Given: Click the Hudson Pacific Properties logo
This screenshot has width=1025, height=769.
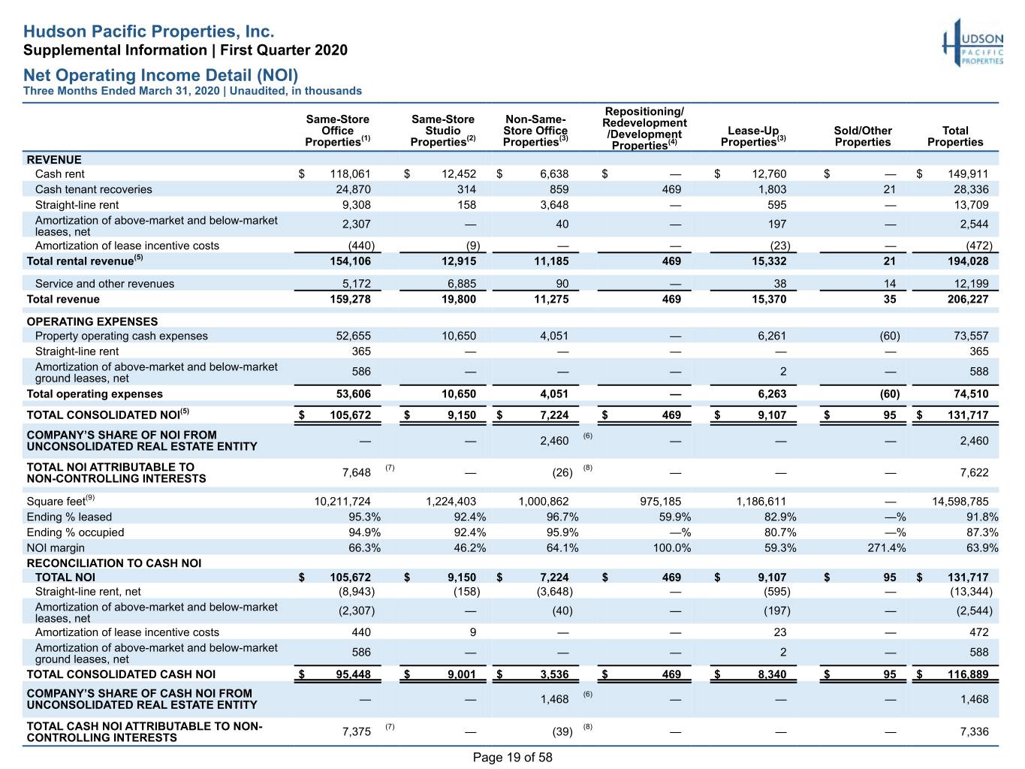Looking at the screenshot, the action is pos(972,43).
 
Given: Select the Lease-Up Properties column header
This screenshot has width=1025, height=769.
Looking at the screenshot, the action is pos(752,137).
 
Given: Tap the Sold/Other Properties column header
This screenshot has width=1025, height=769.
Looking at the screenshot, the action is pos(863,137).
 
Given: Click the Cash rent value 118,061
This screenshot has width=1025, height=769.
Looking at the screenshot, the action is pos(350,174).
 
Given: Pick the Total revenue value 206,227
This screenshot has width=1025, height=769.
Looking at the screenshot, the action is pos(968,300).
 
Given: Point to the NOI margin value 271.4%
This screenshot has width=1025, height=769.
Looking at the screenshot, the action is pos(886,547).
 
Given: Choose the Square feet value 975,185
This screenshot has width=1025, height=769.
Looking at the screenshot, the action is pos(660,502).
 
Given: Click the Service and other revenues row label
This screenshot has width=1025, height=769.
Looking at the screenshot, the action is pos(104,284).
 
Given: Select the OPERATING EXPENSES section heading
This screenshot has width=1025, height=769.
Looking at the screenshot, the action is pos(92,321).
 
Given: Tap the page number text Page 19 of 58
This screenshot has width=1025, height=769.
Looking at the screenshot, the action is pos(512,757).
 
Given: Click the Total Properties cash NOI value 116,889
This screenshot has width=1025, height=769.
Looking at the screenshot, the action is pos(968,674).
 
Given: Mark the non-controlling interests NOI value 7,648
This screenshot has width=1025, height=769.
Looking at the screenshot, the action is pos(356,472).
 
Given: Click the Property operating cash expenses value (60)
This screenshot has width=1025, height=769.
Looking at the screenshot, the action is pos(890,336).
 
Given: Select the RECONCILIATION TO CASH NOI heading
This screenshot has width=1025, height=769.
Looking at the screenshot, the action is pos(114,563).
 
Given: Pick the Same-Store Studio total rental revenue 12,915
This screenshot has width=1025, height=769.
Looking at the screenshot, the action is pos(459,261).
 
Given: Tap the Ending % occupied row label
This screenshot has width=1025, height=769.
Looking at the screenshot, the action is pos(75,532).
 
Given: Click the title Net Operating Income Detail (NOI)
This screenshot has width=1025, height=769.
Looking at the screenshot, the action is pos(161,74).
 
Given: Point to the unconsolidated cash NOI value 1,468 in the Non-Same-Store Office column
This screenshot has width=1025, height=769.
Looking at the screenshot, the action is pos(554,699).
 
